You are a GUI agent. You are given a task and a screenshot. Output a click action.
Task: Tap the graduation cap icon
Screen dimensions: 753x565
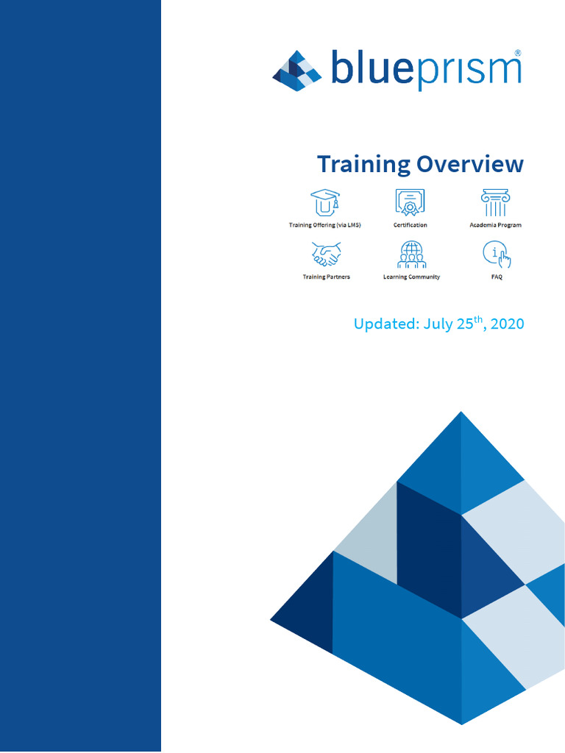(324, 203)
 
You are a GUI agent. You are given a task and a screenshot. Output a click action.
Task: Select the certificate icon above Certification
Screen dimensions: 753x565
(411, 203)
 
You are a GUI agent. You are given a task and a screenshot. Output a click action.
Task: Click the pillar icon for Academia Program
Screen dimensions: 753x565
(495, 203)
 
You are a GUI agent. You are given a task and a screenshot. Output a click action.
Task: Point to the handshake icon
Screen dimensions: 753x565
(326, 254)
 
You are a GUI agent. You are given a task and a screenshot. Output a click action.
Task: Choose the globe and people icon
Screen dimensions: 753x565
(411, 254)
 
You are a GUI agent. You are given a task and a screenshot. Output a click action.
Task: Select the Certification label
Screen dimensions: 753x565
(411, 225)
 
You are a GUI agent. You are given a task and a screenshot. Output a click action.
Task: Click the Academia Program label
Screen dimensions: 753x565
(495, 225)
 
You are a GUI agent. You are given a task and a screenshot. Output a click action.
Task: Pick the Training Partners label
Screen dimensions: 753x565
(326, 277)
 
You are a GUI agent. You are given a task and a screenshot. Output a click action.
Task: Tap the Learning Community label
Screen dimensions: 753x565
(411, 277)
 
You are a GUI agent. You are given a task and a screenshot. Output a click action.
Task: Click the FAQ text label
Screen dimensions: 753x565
(496, 277)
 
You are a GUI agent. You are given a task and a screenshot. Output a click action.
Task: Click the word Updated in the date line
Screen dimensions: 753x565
(385, 324)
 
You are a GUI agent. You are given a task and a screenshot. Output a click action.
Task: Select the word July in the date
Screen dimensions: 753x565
(438, 324)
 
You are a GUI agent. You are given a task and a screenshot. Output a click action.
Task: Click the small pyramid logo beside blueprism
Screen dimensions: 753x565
(297, 71)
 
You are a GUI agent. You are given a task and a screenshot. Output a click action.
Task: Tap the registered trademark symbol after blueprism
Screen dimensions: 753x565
(518, 54)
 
